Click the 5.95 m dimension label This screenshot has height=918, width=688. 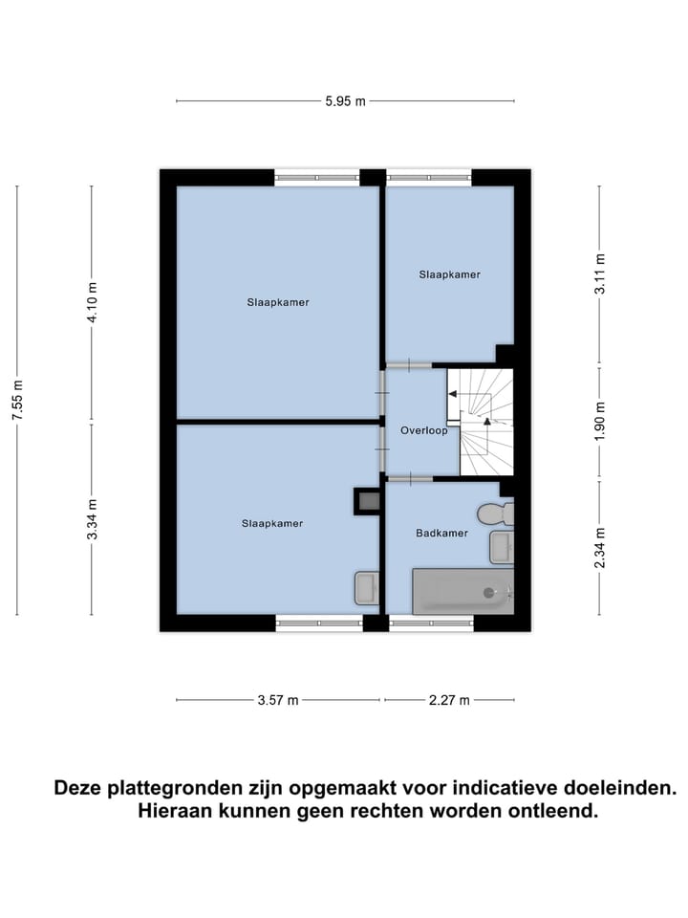coord(345,100)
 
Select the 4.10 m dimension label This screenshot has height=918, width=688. coord(93,302)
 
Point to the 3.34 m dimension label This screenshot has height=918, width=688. coord(93,519)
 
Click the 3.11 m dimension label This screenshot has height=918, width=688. coord(599,275)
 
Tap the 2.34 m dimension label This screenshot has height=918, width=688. coord(599,548)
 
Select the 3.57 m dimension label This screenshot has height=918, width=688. coord(278,700)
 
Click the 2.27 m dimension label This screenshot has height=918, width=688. coord(449,700)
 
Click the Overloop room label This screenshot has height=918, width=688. coord(424,431)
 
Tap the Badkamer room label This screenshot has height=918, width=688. coord(441,533)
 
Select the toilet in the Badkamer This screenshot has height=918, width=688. coord(496,514)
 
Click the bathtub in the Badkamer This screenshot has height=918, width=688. coord(462,592)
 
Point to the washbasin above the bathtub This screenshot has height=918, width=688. coord(502,547)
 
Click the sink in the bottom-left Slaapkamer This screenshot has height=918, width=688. coord(367,588)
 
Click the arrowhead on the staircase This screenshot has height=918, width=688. coord(486,420)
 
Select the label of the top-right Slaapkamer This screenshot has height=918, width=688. coord(449,274)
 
